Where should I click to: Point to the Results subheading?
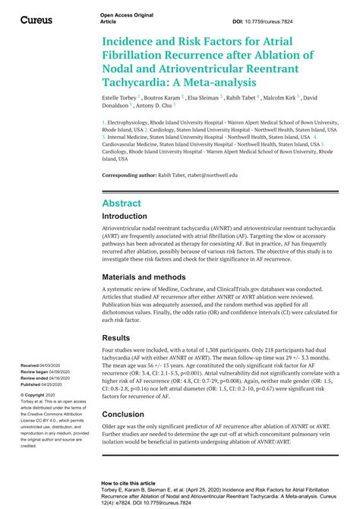[117, 337]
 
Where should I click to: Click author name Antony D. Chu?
[177, 107]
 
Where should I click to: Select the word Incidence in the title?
[134, 40]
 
